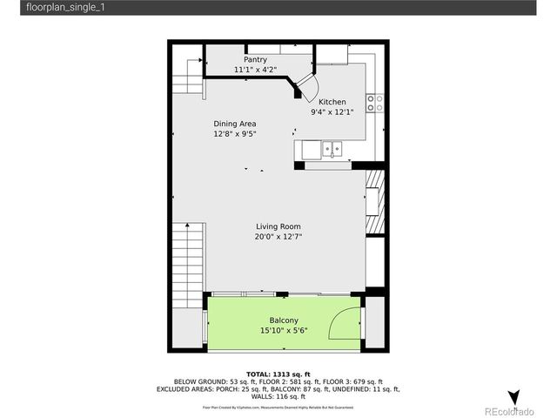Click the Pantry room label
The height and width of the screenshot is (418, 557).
pos(249,59)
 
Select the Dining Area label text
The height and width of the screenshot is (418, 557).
pos(235,124)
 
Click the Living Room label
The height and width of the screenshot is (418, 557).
pos(278,226)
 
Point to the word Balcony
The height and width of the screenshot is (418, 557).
pos(284,320)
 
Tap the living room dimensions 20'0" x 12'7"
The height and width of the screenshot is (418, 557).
pos(278,237)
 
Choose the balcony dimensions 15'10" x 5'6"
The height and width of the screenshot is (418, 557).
pos(284,330)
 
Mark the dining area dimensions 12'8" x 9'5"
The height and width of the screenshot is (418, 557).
pos(235,135)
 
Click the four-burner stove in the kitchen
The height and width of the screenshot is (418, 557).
pos(375,103)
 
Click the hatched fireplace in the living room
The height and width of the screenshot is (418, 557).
pos(373,202)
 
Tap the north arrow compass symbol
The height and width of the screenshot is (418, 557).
pos(513,397)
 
